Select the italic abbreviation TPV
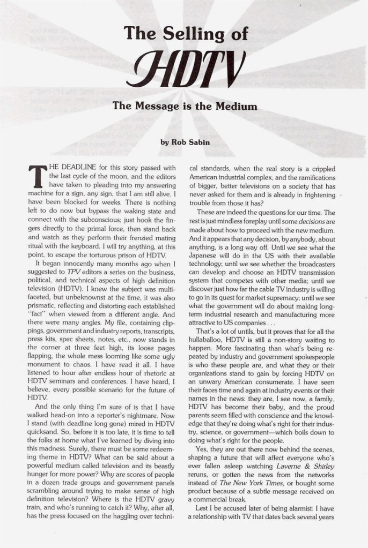click(73, 269)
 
